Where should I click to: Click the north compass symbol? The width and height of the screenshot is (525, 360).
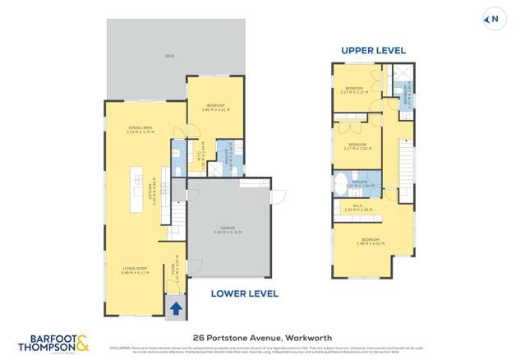click(494, 17)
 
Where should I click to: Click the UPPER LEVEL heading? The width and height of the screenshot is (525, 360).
click(373, 50)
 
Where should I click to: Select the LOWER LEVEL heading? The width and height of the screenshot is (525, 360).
click(244, 293)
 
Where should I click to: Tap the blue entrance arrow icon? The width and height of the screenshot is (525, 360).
click(176, 309)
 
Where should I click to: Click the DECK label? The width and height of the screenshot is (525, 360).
click(169, 56)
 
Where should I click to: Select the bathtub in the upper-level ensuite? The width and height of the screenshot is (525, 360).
click(340, 182)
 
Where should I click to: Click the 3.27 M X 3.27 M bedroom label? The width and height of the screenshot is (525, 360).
click(354, 90)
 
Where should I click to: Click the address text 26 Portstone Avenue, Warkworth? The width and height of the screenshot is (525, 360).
click(261, 337)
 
